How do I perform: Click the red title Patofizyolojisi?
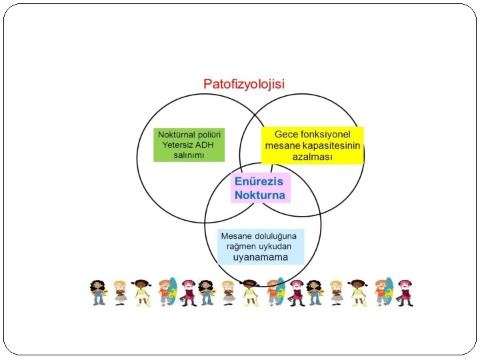[x=244, y=84]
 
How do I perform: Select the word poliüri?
[x=210, y=135]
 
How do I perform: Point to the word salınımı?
[x=189, y=155]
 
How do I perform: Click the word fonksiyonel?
[x=331, y=133]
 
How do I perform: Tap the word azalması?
[x=313, y=157]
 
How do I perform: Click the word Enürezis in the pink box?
[x=259, y=181]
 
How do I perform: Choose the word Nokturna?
[x=259, y=195]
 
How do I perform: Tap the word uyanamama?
[x=261, y=257]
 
